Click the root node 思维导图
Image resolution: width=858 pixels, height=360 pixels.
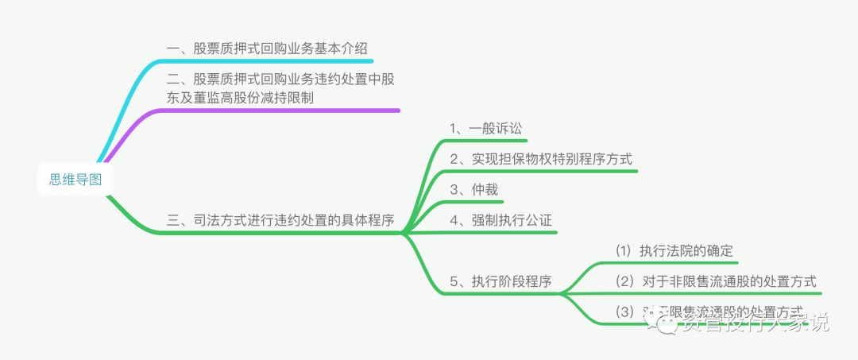[x=75, y=180]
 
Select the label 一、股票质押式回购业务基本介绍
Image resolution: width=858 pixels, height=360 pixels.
[x=267, y=48]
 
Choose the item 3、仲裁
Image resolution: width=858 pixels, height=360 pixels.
[x=473, y=189]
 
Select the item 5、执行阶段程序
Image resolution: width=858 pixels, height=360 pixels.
[x=500, y=281]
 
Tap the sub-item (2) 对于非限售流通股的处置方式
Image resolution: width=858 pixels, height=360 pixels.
[x=716, y=281]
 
